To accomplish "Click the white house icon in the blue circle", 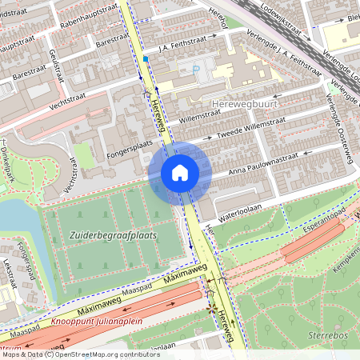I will pyautogui.click(x=179, y=173).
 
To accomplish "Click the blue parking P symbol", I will pyautogui.click(x=196, y=70).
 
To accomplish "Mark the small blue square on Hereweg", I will pyautogui.click(x=146, y=58).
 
